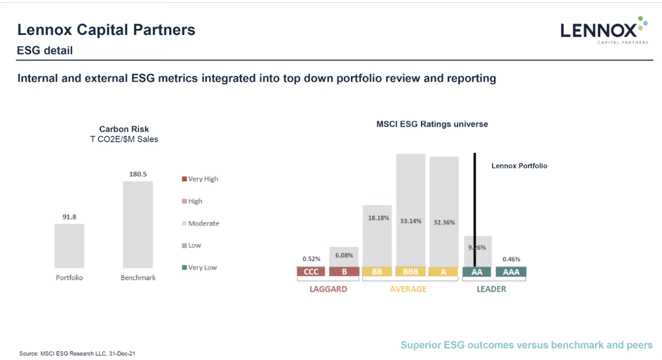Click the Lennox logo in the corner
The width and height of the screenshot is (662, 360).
(x=603, y=30)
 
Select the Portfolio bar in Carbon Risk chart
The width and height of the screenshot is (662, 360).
(x=69, y=246)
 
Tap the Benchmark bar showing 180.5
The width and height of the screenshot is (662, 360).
(x=138, y=224)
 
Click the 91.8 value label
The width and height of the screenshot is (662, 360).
(x=69, y=217)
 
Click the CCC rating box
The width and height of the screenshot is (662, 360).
(x=311, y=272)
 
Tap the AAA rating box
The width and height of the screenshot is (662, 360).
(x=511, y=272)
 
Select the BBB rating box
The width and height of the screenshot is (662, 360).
(x=411, y=272)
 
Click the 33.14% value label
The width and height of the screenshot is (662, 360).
(x=411, y=220)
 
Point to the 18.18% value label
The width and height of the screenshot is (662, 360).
(x=378, y=218)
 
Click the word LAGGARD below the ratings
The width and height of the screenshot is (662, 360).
(x=328, y=289)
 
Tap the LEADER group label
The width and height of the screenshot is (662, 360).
(x=491, y=289)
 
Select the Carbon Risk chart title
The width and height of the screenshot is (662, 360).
(x=124, y=129)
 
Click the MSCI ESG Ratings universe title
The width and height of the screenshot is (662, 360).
(x=432, y=124)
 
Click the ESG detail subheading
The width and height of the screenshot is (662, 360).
(x=45, y=51)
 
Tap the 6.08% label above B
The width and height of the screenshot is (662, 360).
(x=344, y=256)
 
